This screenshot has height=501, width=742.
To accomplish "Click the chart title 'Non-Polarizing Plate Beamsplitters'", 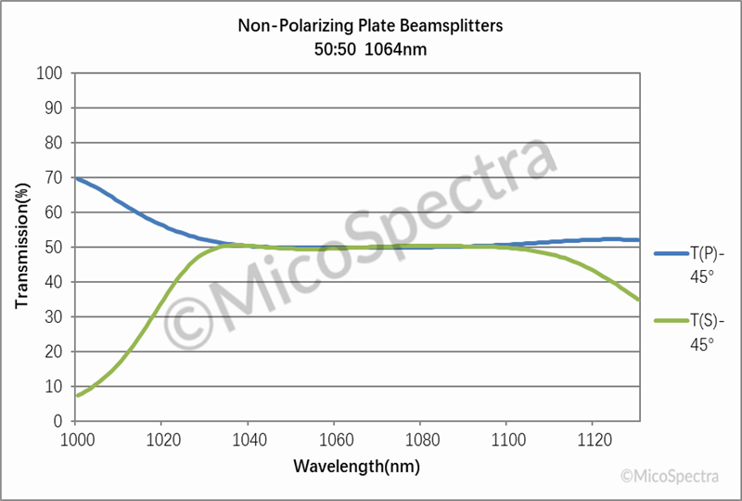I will [x=370, y=26].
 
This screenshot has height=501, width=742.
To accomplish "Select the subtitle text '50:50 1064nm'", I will [x=370, y=48].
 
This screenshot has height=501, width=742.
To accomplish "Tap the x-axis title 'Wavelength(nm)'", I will [x=357, y=465].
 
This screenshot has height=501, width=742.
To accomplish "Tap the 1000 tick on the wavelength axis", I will [x=76, y=438].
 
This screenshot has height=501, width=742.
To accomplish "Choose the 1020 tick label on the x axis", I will [x=161, y=438].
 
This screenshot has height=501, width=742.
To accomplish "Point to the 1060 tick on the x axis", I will [x=335, y=438].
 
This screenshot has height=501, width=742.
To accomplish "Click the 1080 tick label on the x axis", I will [x=421, y=438].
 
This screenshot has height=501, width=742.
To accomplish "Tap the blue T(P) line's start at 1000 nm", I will [x=76, y=178].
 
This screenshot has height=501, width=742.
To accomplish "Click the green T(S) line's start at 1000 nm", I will [x=76, y=395].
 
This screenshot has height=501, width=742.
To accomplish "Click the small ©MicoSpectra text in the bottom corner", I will [x=670, y=476].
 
